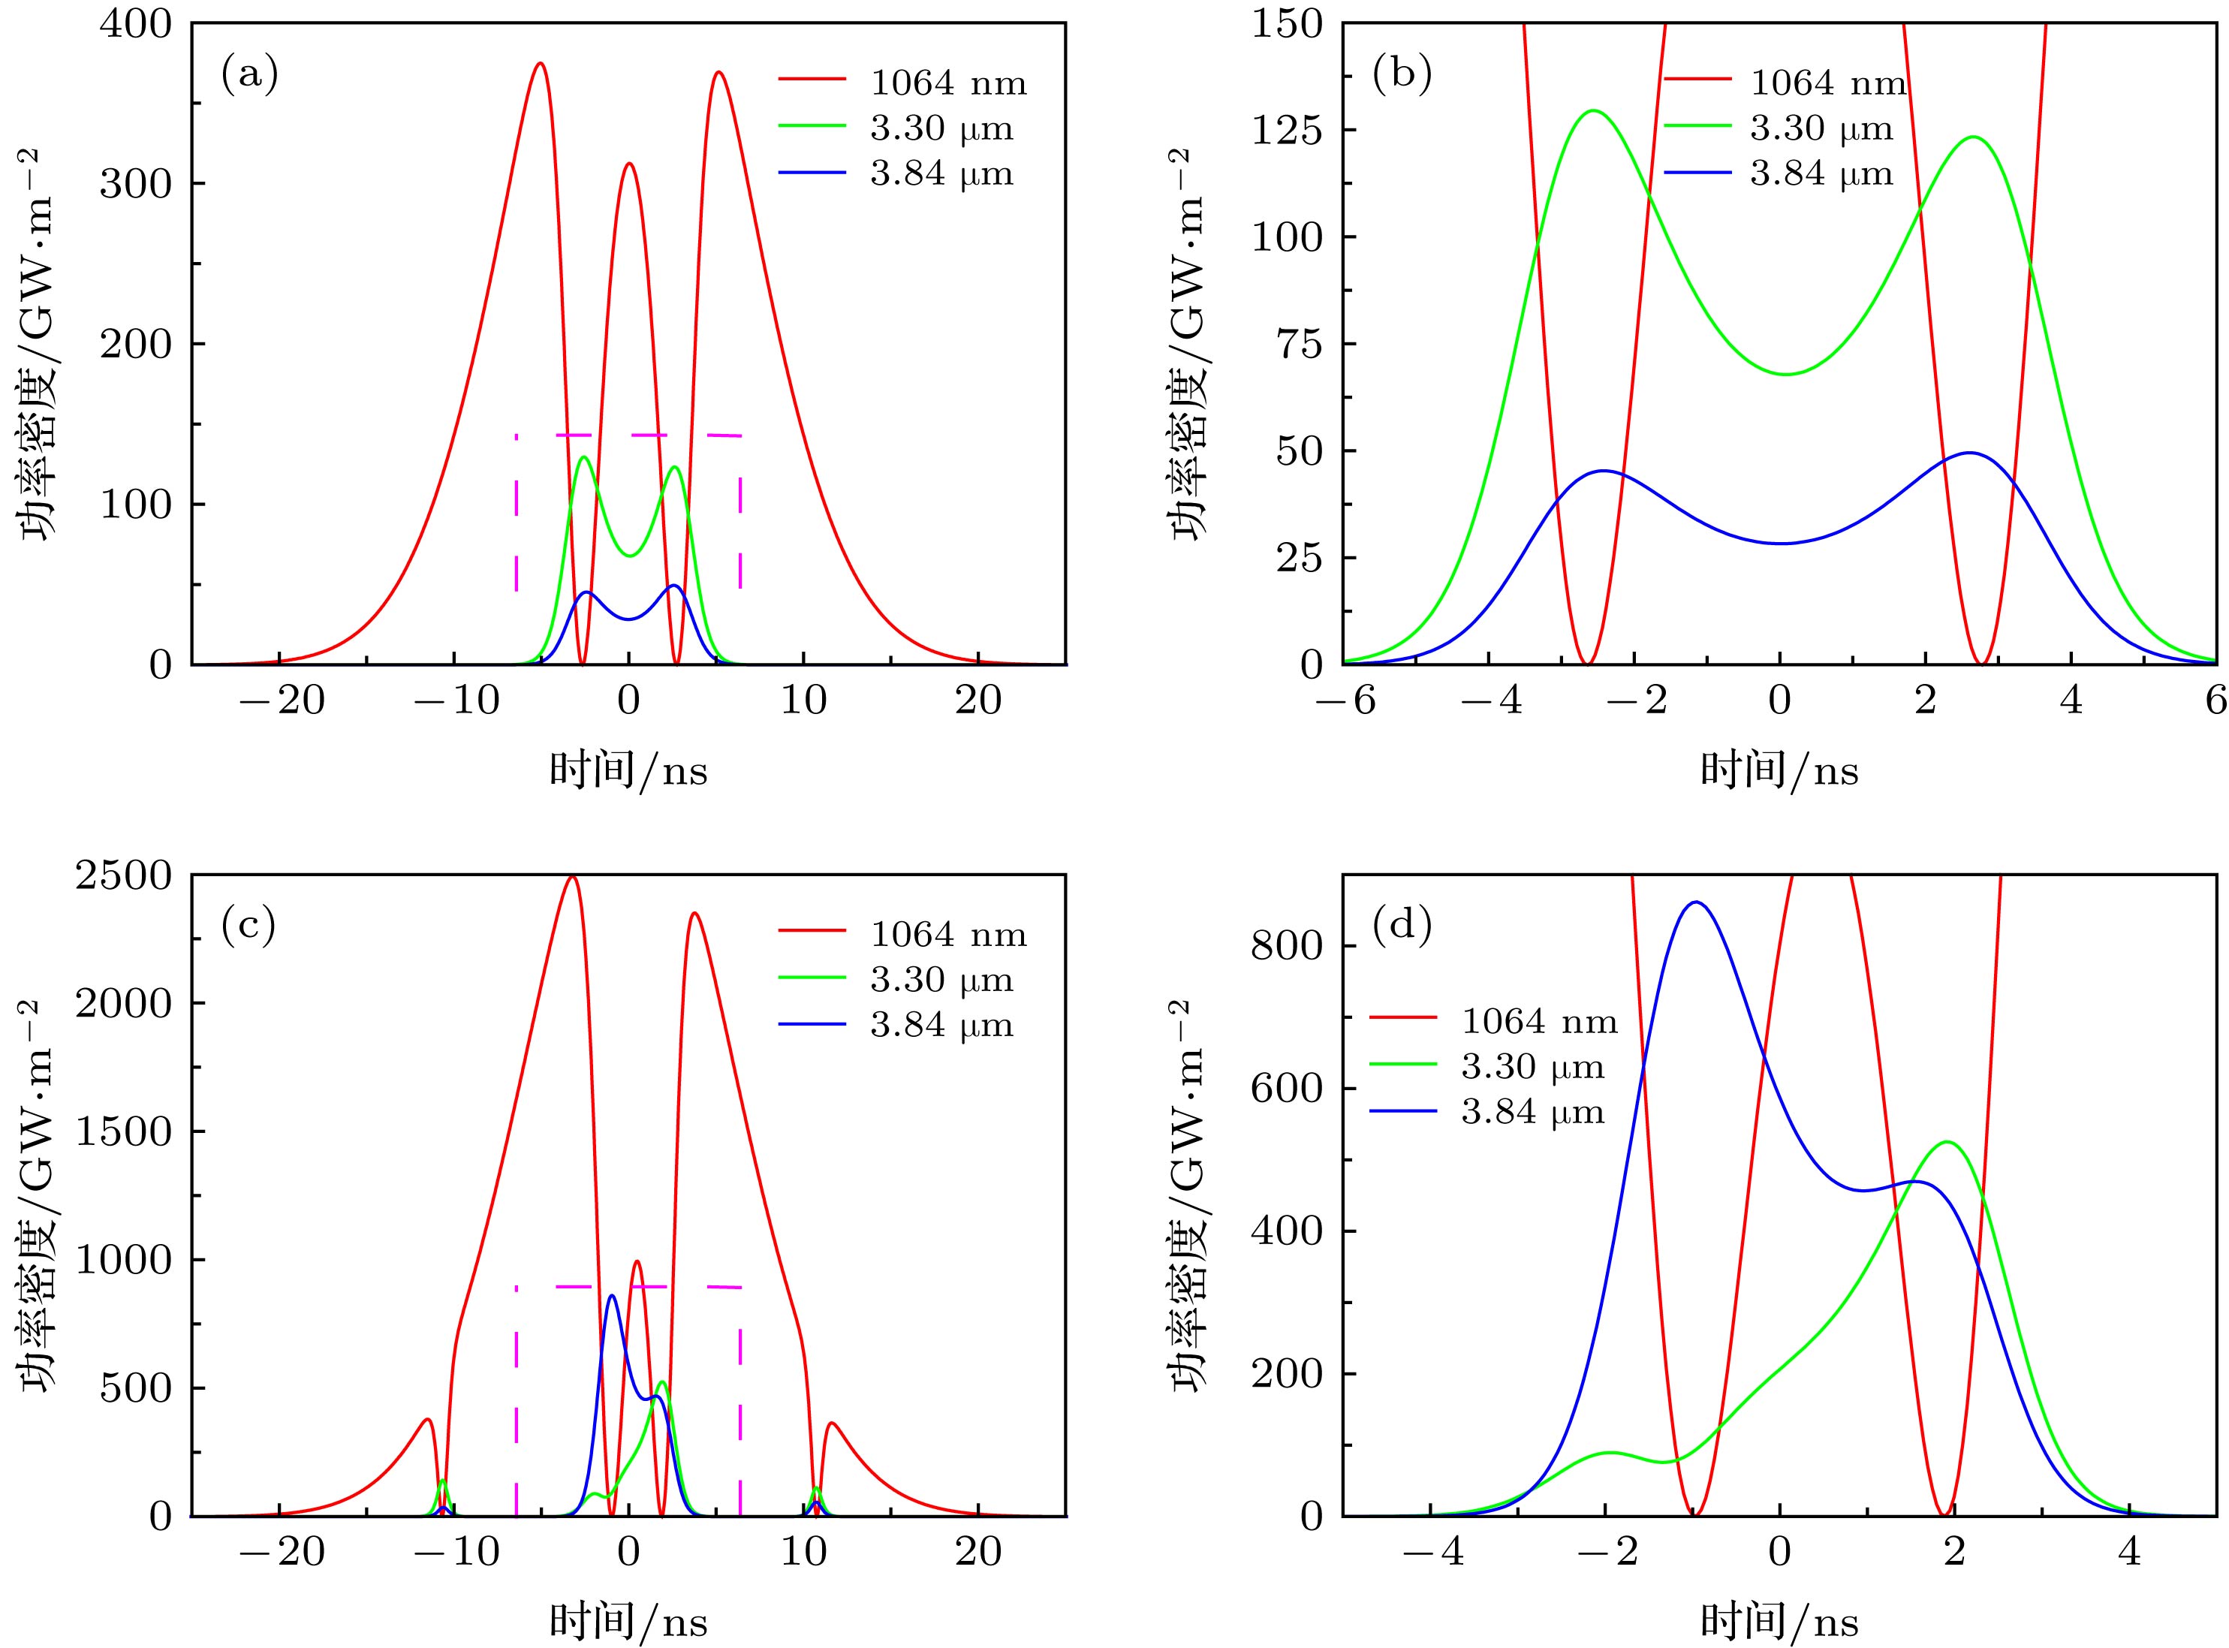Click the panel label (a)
coord(249,76)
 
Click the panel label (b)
coord(1402,76)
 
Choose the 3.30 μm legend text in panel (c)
coord(941,981)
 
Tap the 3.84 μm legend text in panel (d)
coord(1533,1111)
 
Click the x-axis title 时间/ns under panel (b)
coord(1779,770)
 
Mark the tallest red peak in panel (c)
coord(571,878)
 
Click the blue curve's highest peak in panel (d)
coord(1695,902)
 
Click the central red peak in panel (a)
coord(628,164)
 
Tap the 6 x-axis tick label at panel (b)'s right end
coord(2215,701)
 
